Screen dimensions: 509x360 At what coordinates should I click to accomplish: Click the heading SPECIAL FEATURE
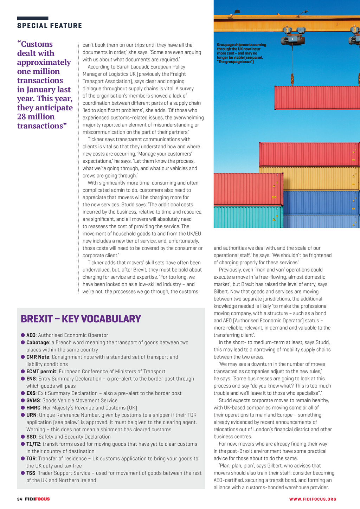(x=50, y=26)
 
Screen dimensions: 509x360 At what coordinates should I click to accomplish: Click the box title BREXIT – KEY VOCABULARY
(x=81, y=319)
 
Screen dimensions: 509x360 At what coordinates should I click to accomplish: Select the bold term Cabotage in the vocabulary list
(x=38, y=342)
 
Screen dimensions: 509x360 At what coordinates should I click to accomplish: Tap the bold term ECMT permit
(x=41, y=372)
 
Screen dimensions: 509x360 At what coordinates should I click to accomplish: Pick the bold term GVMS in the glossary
(x=33, y=400)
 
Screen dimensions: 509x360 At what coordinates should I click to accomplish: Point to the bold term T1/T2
(x=33, y=444)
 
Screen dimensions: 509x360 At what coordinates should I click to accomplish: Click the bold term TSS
(x=31, y=473)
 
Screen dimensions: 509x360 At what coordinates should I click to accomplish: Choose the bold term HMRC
(x=33, y=408)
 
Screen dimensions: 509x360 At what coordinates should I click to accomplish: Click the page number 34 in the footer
(x=20, y=499)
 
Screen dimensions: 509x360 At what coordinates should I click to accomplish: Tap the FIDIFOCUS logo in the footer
(x=37, y=499)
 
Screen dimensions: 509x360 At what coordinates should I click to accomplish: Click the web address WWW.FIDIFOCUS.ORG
(x=313, y=499)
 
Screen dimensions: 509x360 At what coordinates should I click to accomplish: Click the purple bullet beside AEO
(x=23, y=335)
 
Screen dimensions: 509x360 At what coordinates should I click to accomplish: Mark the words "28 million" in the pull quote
(x=36, y=117)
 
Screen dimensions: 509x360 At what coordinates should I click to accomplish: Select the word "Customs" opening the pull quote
(x=37, y=44)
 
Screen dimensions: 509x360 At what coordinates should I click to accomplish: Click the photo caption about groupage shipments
(x=241, y=53)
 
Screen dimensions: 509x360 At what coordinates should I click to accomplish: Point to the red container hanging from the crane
(x=316, y=98)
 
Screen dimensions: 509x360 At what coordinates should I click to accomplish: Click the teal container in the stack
(x=248, y=217)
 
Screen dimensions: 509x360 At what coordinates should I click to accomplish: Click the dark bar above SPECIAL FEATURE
(x=33, y=18)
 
